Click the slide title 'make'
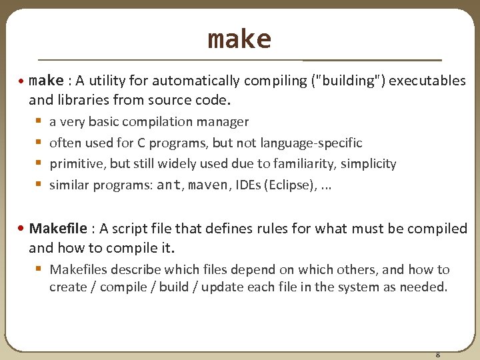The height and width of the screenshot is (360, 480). tap(239, 39)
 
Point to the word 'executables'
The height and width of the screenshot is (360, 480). tap(427, 81)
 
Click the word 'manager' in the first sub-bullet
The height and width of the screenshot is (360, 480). tap(225, 122)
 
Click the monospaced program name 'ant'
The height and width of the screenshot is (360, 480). tap(168, 185)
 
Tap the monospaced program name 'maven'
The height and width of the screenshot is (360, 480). tap(208, 185)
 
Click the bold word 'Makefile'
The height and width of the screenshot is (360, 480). tap(58, 229)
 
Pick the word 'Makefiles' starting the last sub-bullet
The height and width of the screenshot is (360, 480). tap(77, 270)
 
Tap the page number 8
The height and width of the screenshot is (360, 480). tap(437, 354)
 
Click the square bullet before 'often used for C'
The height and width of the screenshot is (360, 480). tap(37, 143)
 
